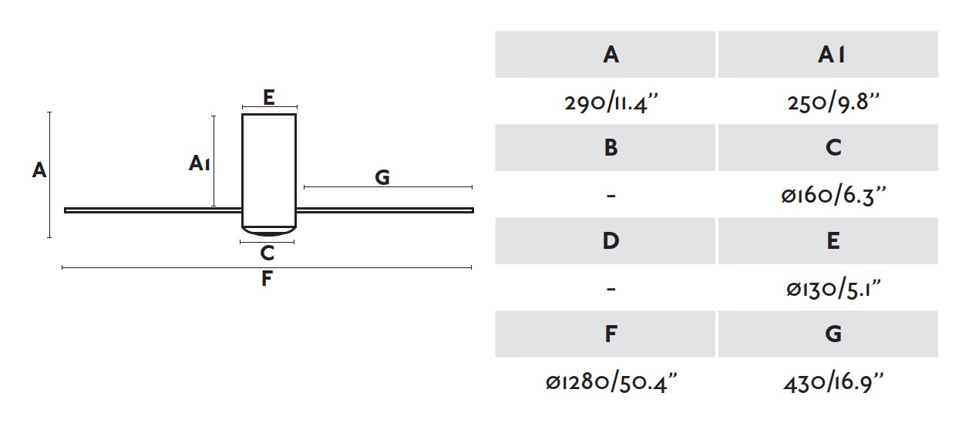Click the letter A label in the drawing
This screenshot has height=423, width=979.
point(39,170)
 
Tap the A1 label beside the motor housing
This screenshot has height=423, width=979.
point(200,163)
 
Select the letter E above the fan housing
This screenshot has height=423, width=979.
point(269,97)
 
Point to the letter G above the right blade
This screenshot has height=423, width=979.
point(382,177)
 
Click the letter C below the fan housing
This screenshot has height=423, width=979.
point(267,253)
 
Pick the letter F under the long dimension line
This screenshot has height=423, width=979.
point(267,278)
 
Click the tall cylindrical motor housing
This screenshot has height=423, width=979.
point(269,170)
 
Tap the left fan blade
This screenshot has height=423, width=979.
point(153,210)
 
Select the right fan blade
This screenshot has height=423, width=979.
point(385,210)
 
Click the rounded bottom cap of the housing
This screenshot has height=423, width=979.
point(269,232)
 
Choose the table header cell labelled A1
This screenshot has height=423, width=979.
point(828,54)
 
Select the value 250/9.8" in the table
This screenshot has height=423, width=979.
point(833,103)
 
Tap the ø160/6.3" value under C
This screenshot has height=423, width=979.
point(833,196)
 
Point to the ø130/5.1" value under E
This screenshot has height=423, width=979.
point(833,289)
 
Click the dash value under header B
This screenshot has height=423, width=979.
point(611,196)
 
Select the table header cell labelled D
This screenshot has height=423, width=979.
point(605,240)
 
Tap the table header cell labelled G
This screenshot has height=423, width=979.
point(828,334)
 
